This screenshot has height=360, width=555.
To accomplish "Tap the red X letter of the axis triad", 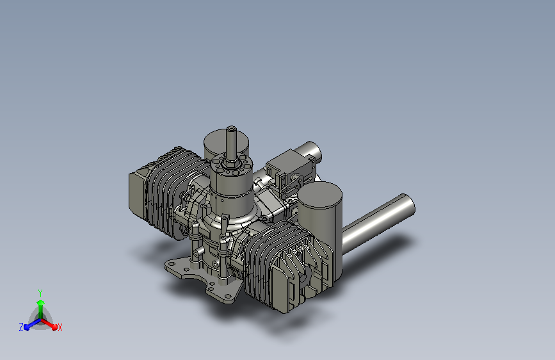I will [60, 328].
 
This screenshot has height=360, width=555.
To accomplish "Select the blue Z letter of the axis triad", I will [21, 327].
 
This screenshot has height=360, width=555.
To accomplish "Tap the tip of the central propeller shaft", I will [231, 130].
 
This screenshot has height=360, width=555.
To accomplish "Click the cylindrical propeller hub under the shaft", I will [230, 189].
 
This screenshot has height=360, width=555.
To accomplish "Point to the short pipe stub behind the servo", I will [312, 154].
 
